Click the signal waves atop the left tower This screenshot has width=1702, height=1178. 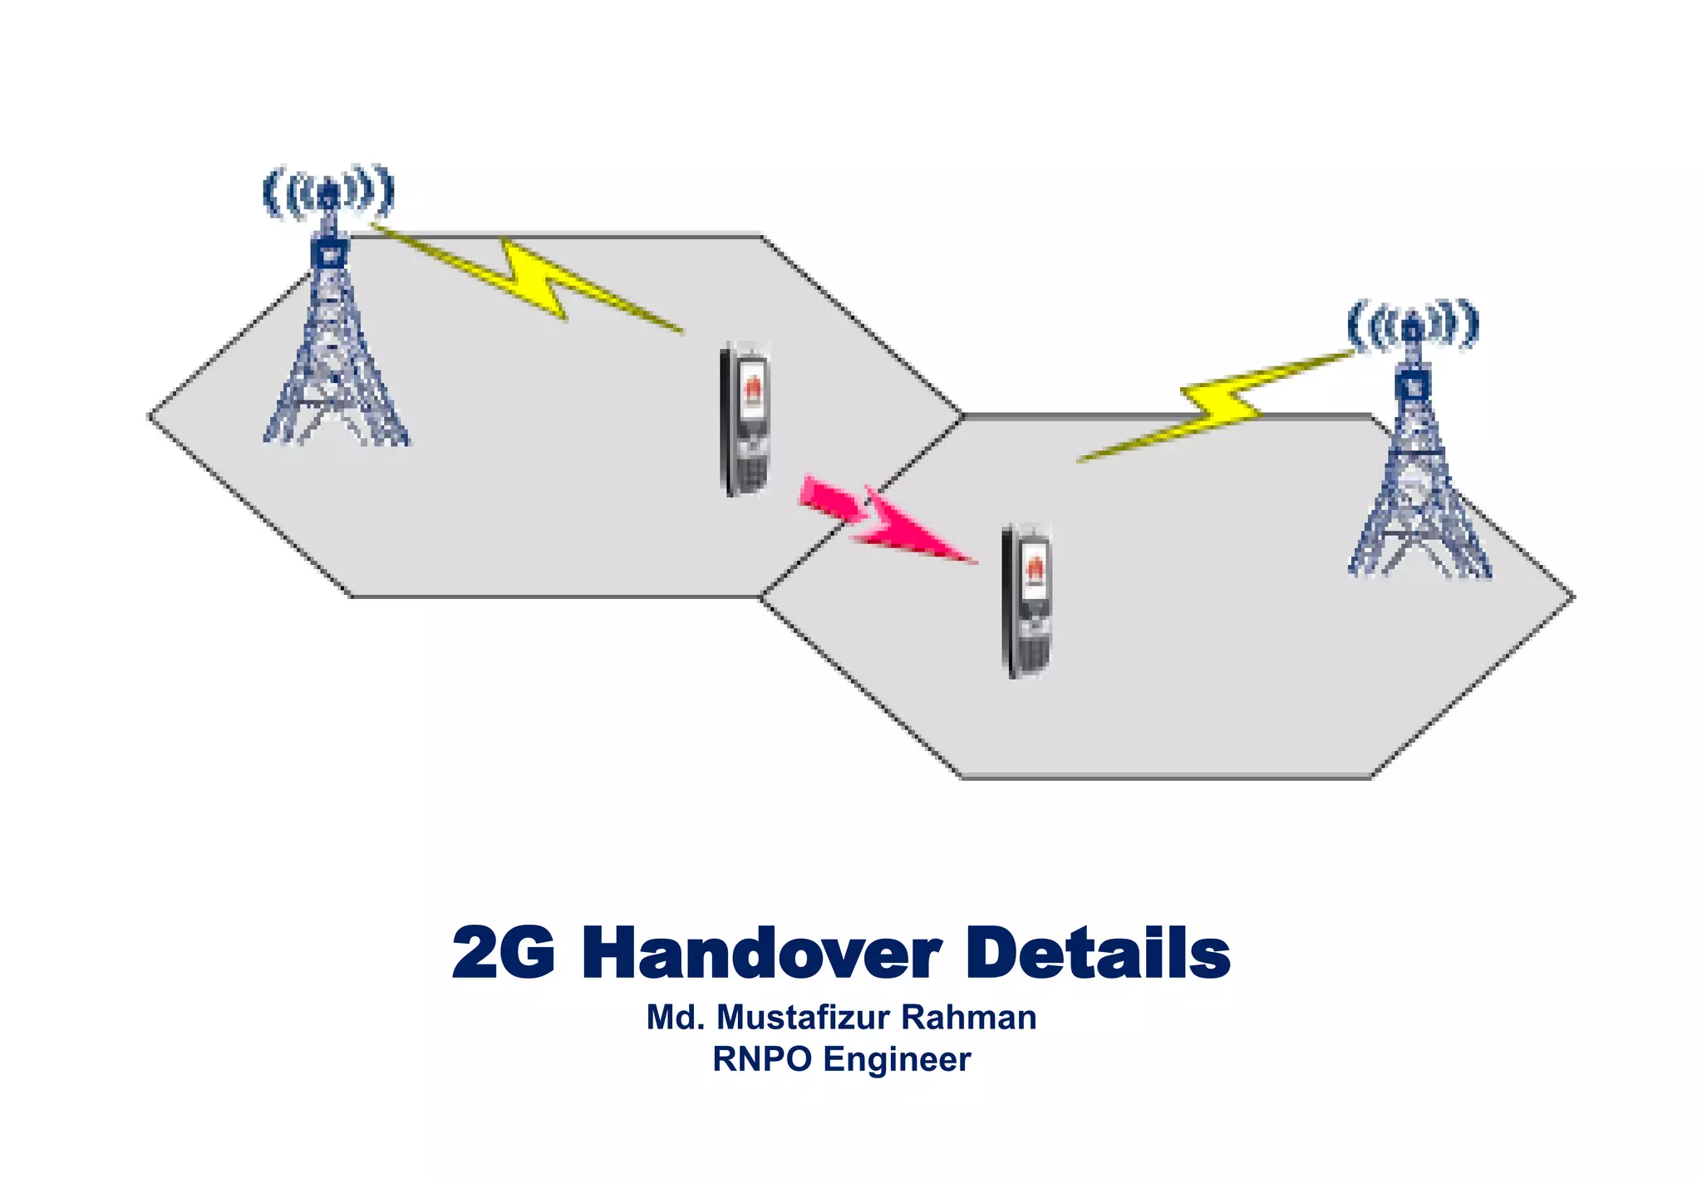click(x=329, y=192)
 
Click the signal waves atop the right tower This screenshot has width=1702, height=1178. click(x=1413, y=325)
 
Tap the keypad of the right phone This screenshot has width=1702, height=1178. click(x=1033, y=653)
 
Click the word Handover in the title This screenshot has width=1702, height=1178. click(x=760, y=954)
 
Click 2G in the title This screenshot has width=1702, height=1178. click(x=504, y=954)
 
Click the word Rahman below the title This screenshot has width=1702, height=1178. click(x=969, y=1018)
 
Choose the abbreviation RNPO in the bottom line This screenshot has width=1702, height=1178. click(x=762, y=1060)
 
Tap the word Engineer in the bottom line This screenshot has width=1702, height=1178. click(x=897, y=1060)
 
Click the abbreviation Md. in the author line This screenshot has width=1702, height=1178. click(x=675, y=1018)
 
